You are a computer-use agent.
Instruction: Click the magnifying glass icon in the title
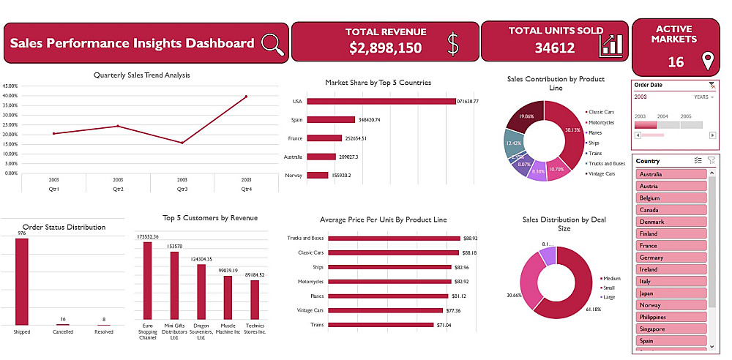point(272,45)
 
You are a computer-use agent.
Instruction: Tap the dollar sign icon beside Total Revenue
point(453,45)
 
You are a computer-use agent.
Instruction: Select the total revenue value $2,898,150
point(385,48)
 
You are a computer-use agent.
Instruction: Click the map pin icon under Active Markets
point(707,61)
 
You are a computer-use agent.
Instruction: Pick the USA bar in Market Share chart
point(381,102)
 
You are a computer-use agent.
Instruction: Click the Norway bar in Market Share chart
point(318,175)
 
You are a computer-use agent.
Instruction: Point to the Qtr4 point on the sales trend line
point(246,97)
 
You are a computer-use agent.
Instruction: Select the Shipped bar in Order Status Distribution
point(22,282)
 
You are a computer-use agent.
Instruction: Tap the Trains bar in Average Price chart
point(381,325)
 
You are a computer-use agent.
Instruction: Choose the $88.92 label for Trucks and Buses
point(471,238)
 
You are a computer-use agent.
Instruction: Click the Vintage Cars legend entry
point(605,173)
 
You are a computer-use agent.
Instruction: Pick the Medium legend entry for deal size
point(612,278)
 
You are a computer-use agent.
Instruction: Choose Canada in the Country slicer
point(671,210)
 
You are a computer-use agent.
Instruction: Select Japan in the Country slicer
point(671,293)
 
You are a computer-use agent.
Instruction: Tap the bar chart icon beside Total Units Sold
point(611,45)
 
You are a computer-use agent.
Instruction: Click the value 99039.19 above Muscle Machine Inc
point(228,271)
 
